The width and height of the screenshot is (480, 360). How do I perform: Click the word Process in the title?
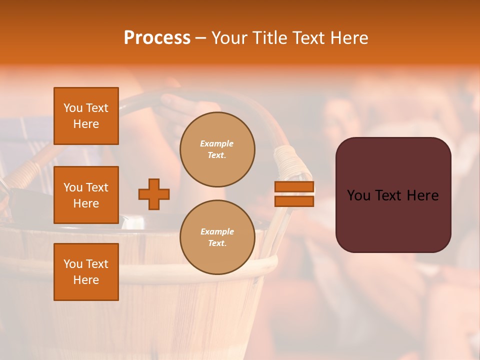click(x=157, y=38)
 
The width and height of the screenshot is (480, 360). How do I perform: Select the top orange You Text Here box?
click(x=86, y=116)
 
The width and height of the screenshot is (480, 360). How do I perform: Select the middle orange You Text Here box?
click(x=86, y=195)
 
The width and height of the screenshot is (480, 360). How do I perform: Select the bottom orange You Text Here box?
click(x=86, y=272)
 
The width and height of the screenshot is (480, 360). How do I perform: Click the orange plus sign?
click(x=154, y=194)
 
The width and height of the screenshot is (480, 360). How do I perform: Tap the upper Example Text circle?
click(x=217, y=149)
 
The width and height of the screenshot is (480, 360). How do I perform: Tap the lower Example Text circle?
click(x=217, y=237)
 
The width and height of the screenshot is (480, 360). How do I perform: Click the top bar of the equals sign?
click(x=294, y=187)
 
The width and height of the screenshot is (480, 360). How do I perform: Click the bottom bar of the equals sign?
click(x=294, y=201)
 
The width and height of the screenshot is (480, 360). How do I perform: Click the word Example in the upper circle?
click(x=217, y=144)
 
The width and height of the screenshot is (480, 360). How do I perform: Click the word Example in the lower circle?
click(x=217, y=232)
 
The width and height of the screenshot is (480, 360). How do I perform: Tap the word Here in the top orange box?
click(x=86, y=124)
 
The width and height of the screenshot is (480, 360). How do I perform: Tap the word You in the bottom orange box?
click(x=72, y=264)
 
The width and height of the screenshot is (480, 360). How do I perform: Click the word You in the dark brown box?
click(x=358, y=195)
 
